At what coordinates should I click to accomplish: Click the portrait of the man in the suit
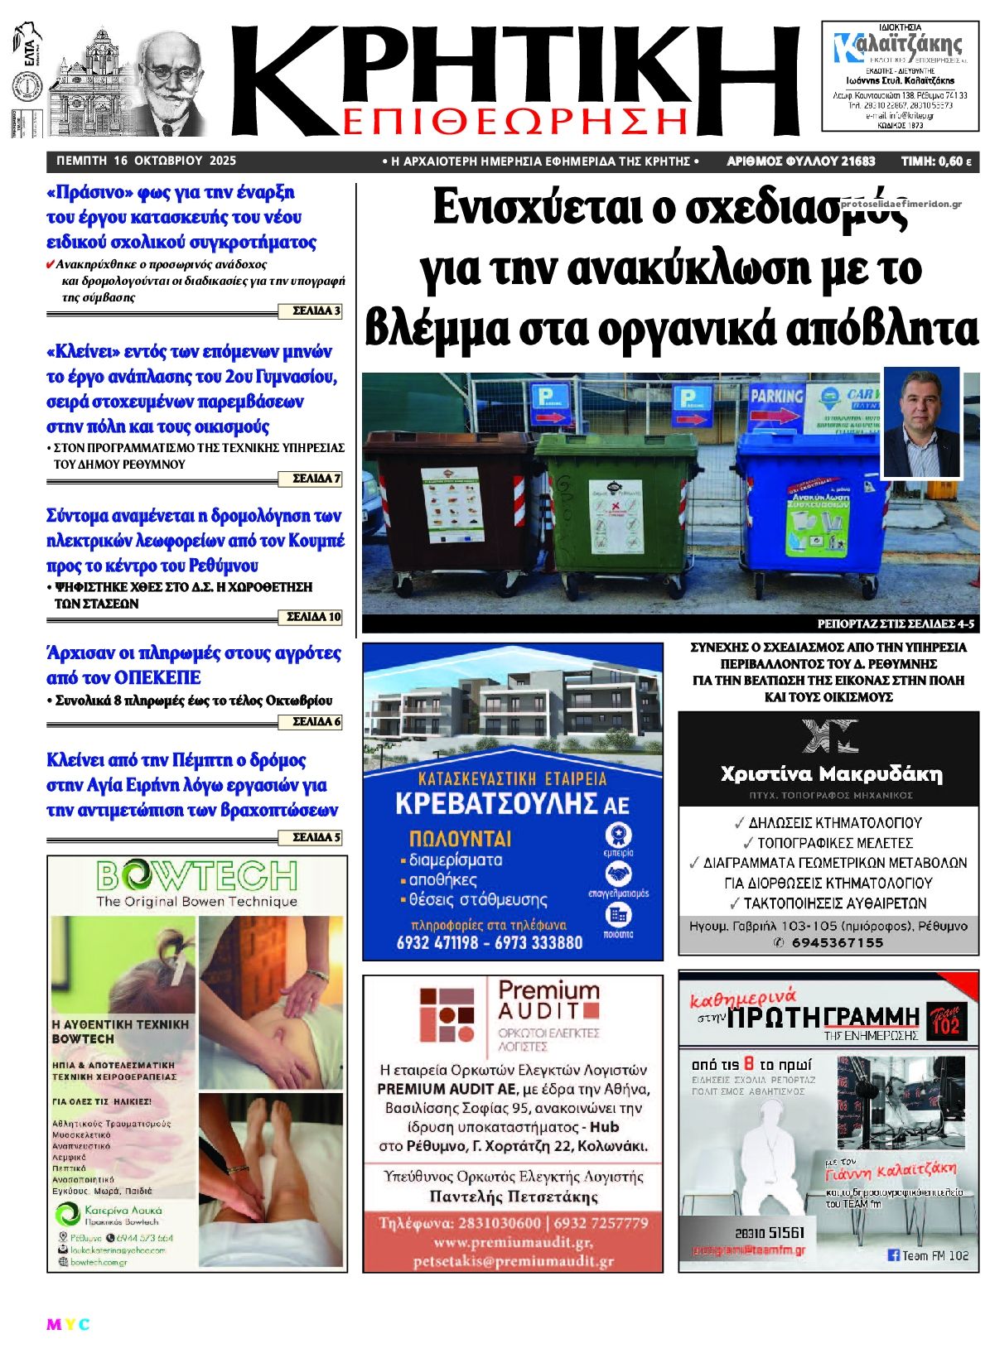point(920,422)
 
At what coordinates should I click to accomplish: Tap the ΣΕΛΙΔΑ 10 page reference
point(313,617)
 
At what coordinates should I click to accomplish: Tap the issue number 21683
point(857,161)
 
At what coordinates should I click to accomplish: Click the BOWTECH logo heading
point(196,875)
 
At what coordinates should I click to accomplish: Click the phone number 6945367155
point(837,943)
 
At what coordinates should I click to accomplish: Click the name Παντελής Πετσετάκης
point(514,1197)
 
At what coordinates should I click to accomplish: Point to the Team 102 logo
point(945,1019)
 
